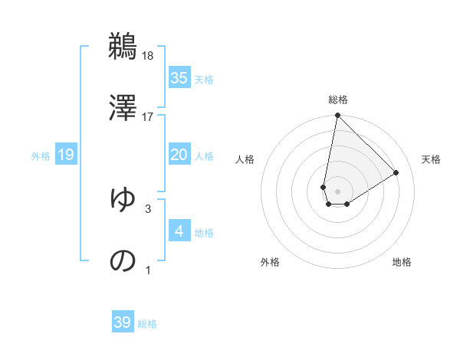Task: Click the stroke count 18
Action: click(148, 55)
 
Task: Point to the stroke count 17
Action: click(148, 116)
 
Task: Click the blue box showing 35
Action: click(179, 78)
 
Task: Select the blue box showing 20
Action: click(179, 155)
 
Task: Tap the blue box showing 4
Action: click(179, 231)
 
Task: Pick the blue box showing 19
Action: click(66, 155)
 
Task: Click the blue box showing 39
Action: click(123, 322)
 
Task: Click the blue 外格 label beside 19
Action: click(41, 156)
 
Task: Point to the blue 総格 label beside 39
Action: click(147, 324)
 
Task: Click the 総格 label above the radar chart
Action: click(338, 100)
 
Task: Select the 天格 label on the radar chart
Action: click(431, 159)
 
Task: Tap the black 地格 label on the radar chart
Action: click(402, 262)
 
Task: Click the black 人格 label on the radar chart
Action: click(245, 159)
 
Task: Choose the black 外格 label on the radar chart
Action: click(270, 262)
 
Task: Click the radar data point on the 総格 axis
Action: click(337, 116)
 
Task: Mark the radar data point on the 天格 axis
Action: click(396, 172)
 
